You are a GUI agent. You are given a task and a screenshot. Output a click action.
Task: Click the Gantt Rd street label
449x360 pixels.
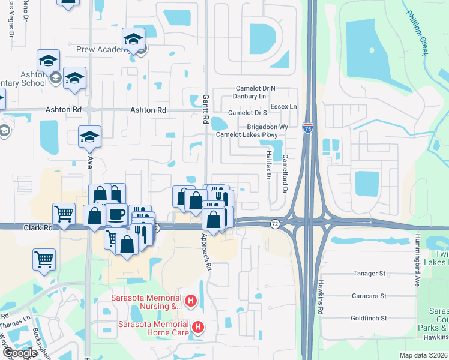click(205, 109)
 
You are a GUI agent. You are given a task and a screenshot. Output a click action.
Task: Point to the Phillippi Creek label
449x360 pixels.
click(415, 34)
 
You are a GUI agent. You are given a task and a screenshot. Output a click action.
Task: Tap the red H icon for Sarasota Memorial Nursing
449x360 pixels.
click(191, 301)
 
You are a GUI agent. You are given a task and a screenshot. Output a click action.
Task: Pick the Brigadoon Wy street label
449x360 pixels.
click(268, 127)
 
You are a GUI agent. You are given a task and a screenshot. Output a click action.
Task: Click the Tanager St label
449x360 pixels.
click(369, 274)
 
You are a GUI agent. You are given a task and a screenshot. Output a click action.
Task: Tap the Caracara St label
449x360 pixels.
click(369, 296)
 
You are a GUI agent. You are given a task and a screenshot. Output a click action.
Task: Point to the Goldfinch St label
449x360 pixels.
click(369, 318)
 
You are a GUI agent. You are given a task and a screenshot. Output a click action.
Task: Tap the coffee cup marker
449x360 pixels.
click(116, 215)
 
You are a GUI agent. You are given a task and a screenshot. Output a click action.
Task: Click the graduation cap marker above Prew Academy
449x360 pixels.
click(133, 40)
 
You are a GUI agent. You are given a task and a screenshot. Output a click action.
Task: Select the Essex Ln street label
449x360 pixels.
click(283, 107)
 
